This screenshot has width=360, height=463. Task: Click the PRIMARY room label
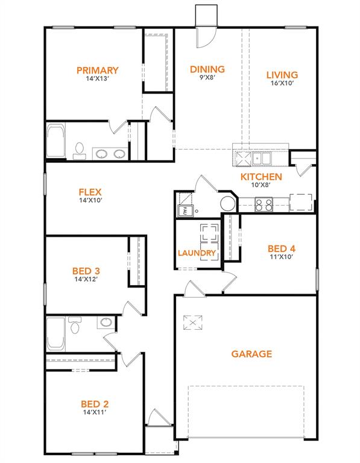click(97, 71)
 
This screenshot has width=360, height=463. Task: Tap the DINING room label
click(207, 69)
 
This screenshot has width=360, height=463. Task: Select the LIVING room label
click(282, 75)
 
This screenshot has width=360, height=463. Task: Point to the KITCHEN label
click(261, 177)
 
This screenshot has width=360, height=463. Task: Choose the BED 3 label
click(86, 271)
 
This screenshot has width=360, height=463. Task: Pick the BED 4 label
click(281, 248)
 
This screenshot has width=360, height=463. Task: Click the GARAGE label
click(251, 354)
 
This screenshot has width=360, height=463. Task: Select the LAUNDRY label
click(197, 253)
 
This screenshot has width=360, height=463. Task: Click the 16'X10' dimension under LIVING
click(282, 84)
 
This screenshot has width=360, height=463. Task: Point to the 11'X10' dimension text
click(281, 257)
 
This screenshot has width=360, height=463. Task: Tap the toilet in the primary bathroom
click(80, 150)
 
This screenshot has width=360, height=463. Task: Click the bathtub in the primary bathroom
click(55, 142)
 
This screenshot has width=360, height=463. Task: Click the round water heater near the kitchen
click(228, 204)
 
